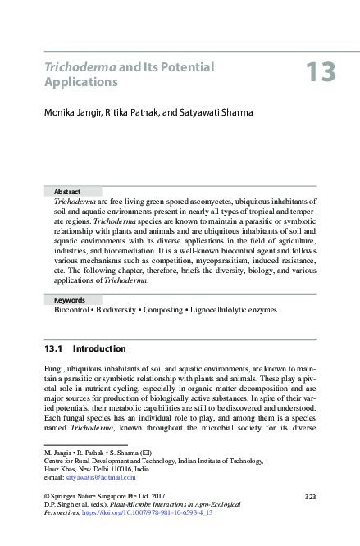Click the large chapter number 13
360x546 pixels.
pyautogui.click(x=321, y=72)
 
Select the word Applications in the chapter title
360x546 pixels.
pyautogui.click(x=81, y=83)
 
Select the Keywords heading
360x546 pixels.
pyautogui.click(x=71, y=301)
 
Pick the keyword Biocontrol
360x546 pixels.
pyautogui.click(x=75, y=312)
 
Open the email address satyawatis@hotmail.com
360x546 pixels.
pyautogui.click(x=100, y=477)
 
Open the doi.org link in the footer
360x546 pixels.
pyautogui.click(x=176, y=512)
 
